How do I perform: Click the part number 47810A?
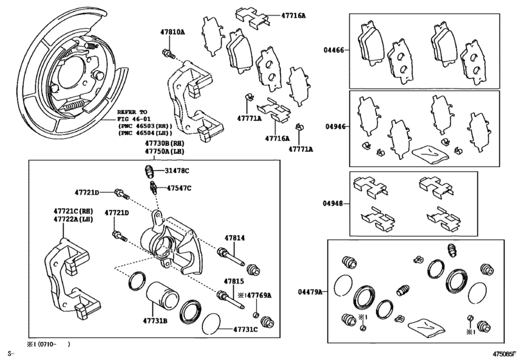coord(172,31)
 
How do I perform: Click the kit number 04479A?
coord(312,292)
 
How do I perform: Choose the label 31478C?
coord(177,170)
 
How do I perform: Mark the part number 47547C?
coord(179,188)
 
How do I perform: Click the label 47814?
coord(234,238)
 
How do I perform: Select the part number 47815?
coord(234,281)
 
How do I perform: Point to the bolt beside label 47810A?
coord(167,52)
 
